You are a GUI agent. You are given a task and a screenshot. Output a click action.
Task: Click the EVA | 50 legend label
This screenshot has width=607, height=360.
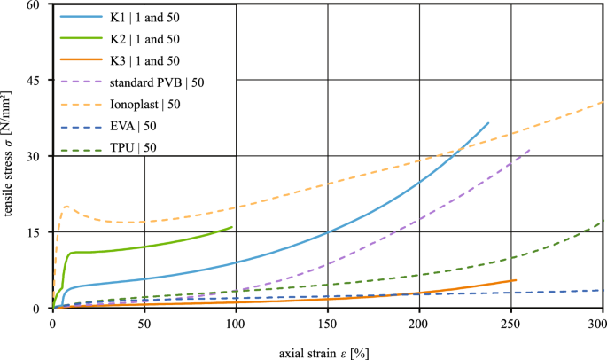click(134, 126)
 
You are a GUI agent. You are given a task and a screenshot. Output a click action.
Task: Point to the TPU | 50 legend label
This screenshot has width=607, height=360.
click(134, 147)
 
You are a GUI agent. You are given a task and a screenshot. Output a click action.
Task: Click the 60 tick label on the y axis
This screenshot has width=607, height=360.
click(35, 5)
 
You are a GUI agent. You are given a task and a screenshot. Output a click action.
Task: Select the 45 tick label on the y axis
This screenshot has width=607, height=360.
click(35, 81)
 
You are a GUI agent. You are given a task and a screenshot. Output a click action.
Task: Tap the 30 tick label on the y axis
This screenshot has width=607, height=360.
click(35, 157)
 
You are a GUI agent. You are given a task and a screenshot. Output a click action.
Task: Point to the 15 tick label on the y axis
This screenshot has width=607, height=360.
click(35, 232)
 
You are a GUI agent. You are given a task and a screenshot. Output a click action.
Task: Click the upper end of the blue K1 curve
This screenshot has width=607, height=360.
click(488, 123)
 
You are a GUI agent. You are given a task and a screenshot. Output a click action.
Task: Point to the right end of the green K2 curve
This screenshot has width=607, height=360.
click(232, 227)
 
